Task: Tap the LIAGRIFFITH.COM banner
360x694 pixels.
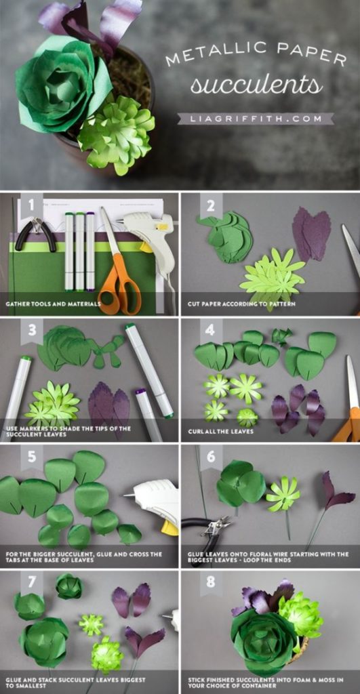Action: click(x=256, y=118)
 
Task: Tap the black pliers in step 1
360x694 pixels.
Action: click(x=35, y=232)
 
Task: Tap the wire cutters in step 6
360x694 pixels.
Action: click(x=207, y=525)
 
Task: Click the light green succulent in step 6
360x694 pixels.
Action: click(x=283, y=494)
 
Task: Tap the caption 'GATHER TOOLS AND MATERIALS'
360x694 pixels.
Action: click(x=54, y=304)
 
